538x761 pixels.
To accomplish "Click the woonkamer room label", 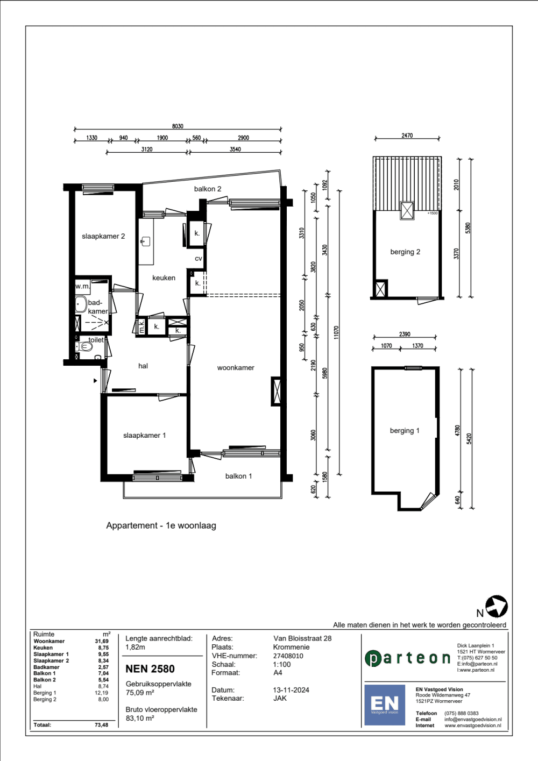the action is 236,367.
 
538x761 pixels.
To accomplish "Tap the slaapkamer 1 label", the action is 144,435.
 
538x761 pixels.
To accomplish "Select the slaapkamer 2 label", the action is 103,236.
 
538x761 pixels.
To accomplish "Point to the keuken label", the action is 164,278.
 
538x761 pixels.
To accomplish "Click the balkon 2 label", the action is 208,189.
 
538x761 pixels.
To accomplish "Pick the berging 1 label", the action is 405,430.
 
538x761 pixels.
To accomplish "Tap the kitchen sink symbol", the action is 145,241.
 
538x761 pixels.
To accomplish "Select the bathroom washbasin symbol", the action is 81,304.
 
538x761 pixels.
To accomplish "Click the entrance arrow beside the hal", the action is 96,381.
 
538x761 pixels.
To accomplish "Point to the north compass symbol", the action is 497,606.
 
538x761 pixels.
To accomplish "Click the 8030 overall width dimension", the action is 178,126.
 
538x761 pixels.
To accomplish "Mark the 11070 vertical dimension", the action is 336,332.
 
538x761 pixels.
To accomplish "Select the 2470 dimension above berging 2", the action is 407,136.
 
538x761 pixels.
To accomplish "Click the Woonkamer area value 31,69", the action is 102,641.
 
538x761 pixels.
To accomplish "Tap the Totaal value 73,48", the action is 102,724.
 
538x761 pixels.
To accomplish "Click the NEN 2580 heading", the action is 150,668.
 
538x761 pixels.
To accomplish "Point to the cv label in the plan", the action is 199,259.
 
